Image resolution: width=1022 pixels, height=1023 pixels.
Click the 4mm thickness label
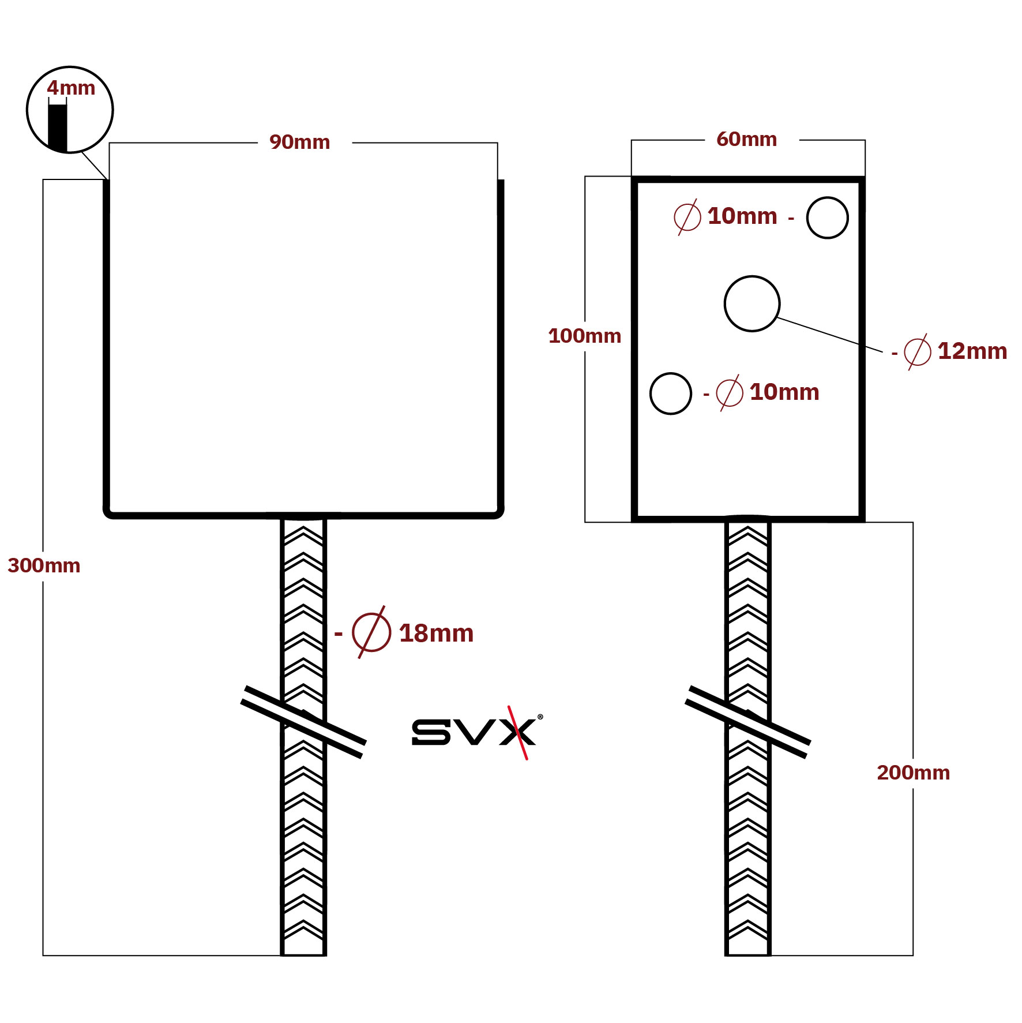click(71, 88)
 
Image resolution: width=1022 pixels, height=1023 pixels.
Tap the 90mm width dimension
click(300, 142)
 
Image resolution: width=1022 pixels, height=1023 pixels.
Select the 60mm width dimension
click(747, 139)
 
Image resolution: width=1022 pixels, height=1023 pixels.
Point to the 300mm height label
click(44, 565)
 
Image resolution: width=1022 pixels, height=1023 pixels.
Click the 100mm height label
click(585, 336)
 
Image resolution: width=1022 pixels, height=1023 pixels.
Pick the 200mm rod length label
click(914, 773)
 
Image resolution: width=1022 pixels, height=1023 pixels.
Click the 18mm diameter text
click(436, 634)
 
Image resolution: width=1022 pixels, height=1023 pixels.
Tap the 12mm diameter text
click(972, 351)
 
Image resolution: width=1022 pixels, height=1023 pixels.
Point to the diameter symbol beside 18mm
click(371, 632)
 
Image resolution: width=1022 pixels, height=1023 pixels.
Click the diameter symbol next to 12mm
click(918, 351)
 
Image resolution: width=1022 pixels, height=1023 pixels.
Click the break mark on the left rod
click(303, 722)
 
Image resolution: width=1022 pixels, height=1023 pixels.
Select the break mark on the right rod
click(748, 722)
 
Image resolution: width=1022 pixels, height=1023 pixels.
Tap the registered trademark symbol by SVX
click(540, 717)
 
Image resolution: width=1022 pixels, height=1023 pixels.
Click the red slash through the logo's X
click(518, 733)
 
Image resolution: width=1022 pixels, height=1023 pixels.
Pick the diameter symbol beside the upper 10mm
click(687, 217)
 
